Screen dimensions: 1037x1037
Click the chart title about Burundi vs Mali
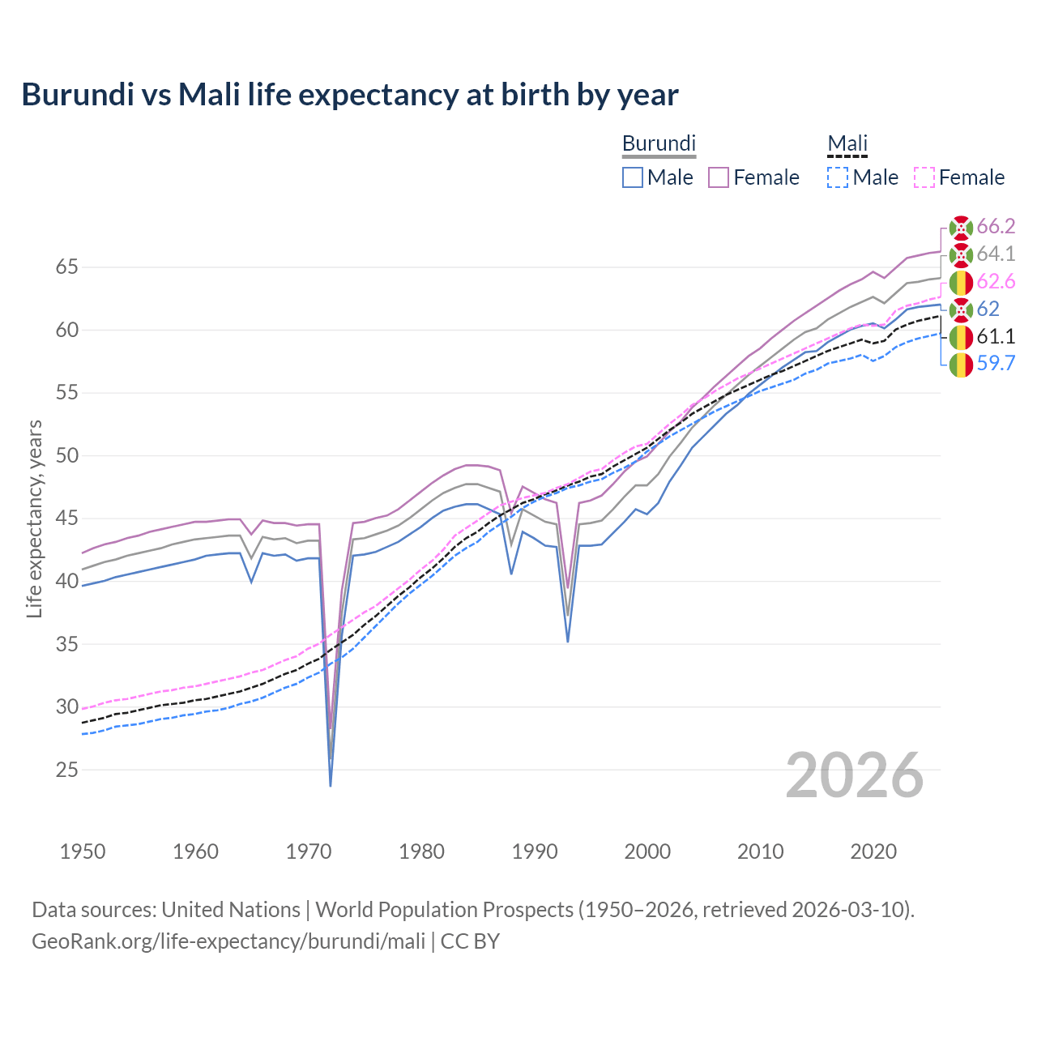pos(350,95)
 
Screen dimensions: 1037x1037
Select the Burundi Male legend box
pos(633,177)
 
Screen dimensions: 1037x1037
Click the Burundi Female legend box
pos(719,177)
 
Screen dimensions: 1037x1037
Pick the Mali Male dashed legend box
pos(838,177)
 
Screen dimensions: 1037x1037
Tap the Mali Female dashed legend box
pos(924,177)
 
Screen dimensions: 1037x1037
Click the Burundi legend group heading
pos(659,143)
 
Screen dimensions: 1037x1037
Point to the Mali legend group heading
pos(847,143)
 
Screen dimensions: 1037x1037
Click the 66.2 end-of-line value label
pos(996,226)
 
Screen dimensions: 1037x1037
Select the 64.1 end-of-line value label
pos(996,254)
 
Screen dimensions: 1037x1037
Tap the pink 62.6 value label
pos(996,281)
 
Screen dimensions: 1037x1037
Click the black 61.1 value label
pos(996,336)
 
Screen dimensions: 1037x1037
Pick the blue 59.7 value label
pos(996,364)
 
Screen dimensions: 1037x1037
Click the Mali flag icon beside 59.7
pos(961,365)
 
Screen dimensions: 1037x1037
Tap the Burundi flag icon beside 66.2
pos(961,227)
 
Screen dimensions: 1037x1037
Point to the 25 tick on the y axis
pos(67,770)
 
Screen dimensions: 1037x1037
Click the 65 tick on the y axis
pos(67,267)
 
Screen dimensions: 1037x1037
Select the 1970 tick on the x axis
pos(309,851)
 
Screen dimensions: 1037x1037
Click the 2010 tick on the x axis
pos(760,851)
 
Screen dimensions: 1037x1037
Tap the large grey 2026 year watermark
pos(854,775)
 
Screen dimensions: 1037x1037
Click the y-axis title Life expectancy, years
pos(35,518)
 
